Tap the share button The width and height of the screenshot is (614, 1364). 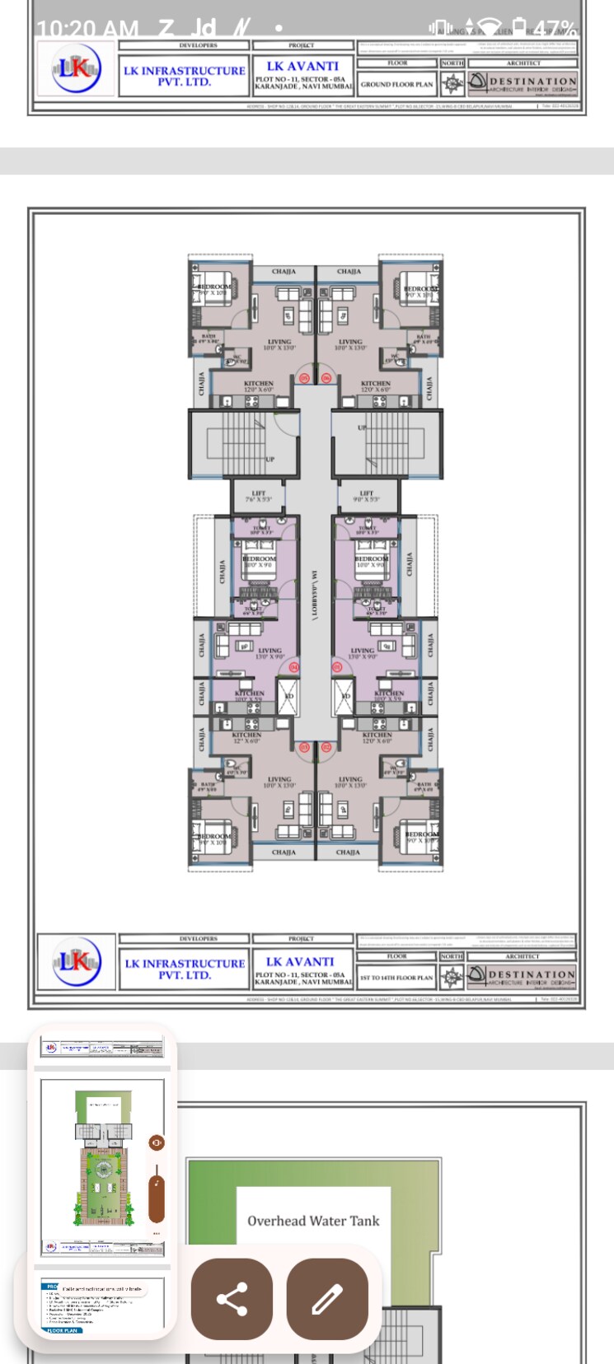click(x=232, y=1299)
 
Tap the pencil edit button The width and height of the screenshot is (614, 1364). click(x=327, y=1299)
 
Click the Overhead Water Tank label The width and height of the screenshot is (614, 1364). click(x=313, y=1221)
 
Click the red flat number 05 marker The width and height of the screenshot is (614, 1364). click(x=304, y=378)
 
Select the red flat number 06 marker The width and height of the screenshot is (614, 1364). click(x=326, y=378)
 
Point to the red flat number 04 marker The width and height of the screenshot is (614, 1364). click(x=293, y=666)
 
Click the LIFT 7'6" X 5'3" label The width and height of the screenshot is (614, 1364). click(x=258, y=497)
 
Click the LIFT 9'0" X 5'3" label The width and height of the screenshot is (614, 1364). click(x=367, y=497)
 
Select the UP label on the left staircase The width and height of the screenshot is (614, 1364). click(x=270, y=459)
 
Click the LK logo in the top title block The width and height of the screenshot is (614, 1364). click(x=76, y=68)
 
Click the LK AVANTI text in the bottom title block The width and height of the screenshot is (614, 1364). click(x=300, y=961)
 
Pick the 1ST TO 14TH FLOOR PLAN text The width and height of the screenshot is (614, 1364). click(x=396, y=978)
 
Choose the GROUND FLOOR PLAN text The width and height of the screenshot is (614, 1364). click(x=396, y=84)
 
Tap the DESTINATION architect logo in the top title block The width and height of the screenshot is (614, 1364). click(x=523, y=83)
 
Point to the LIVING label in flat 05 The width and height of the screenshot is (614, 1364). click(x=279, y=343)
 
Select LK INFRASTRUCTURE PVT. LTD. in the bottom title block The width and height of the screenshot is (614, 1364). click(x=185, y=969)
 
